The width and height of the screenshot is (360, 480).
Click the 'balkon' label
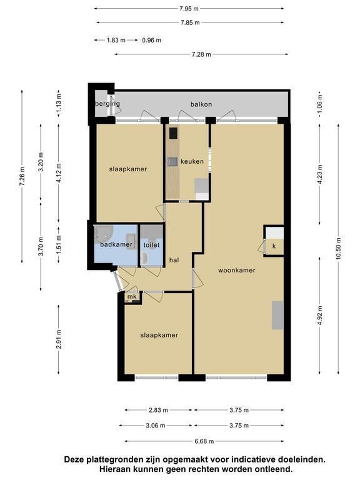(201, 104)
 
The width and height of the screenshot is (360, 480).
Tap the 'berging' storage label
(107, 104)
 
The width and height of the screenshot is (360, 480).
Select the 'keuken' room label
(192, 161)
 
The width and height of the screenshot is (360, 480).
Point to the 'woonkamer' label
(237, 270)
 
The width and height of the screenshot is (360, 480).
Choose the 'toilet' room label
(151, 245)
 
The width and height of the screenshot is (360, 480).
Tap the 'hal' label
(174, 260)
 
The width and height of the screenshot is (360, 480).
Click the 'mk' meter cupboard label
(132, 297)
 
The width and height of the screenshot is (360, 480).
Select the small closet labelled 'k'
(274, 246)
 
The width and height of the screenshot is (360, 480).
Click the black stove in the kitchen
(174, 133)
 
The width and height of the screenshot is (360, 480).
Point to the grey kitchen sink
(172, 161)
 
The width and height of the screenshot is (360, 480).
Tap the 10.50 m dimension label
(338, 248)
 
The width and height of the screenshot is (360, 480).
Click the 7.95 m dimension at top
(189, 9)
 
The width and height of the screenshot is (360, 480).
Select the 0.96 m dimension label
(151, 40)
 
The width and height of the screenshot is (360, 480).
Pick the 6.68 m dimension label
(204, 441)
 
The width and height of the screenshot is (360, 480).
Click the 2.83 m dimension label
(158, 410)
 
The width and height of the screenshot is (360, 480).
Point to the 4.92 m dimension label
(320, 316)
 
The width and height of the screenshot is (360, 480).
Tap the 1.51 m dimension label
(59, 244)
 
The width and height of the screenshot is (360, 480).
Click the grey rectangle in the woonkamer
(278, 315)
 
